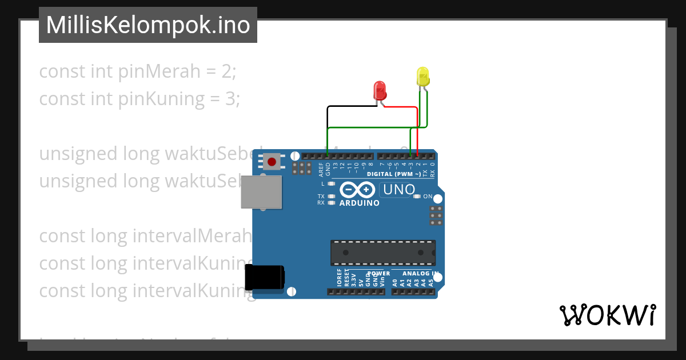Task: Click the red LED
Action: coord(380,90)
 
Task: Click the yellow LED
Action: coord(422,77)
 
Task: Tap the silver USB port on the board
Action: coord(261,192)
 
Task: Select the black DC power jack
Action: coord(264,278)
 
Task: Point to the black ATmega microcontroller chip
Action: coord(382,253)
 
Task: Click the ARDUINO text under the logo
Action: coord(359,203)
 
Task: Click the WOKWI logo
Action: coord(607,315)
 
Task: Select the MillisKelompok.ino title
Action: coord(148,25)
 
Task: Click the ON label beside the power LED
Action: coord(428,197)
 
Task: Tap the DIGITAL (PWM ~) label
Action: coord(394,174)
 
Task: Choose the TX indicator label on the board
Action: coord(321,196)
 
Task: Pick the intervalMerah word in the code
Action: coord(192,235)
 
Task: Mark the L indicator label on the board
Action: coord(322,184)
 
